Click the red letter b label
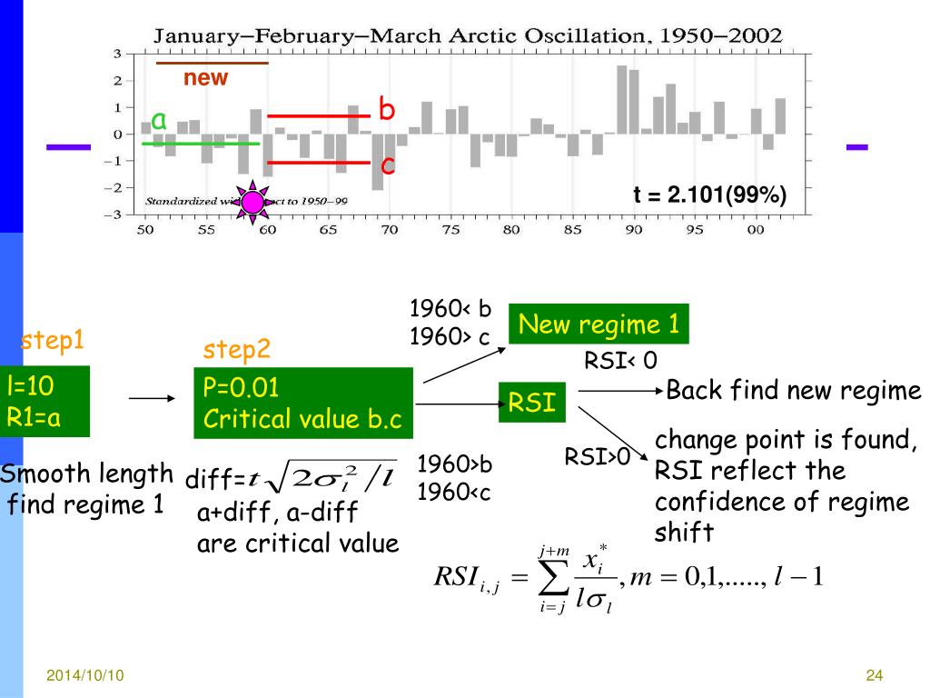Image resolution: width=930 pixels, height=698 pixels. pos(387,110)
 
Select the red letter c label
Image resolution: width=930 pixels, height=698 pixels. pos(387,165)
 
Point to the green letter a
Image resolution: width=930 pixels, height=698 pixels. pos(159,119)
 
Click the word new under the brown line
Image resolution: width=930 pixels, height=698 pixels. pos(206,78)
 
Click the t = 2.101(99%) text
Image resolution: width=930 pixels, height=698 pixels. pos(709,195)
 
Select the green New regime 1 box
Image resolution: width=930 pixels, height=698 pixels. pos(599,324)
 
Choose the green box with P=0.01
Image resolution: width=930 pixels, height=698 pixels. pos(303,403)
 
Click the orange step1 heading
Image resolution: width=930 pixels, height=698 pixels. pos(53,341)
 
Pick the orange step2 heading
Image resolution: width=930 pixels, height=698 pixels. pos(235,350)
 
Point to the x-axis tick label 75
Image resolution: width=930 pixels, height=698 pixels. pos(450,230)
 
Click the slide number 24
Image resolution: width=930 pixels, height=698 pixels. pos(875,675)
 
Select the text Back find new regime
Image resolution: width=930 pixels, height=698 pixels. pos(793,392)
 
